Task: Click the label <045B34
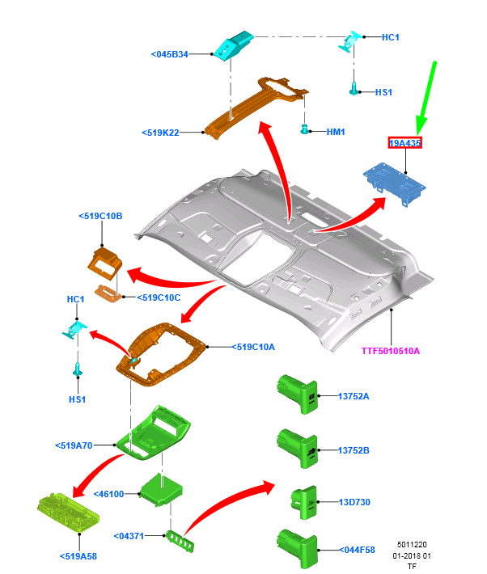pos(169,54)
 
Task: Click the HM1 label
pos(336,132)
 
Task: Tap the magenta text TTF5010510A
pos(392,351)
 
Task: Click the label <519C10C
pos(158,298)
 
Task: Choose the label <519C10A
pos(253,347)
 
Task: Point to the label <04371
pos(130,535)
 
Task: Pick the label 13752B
pos(354,449)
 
